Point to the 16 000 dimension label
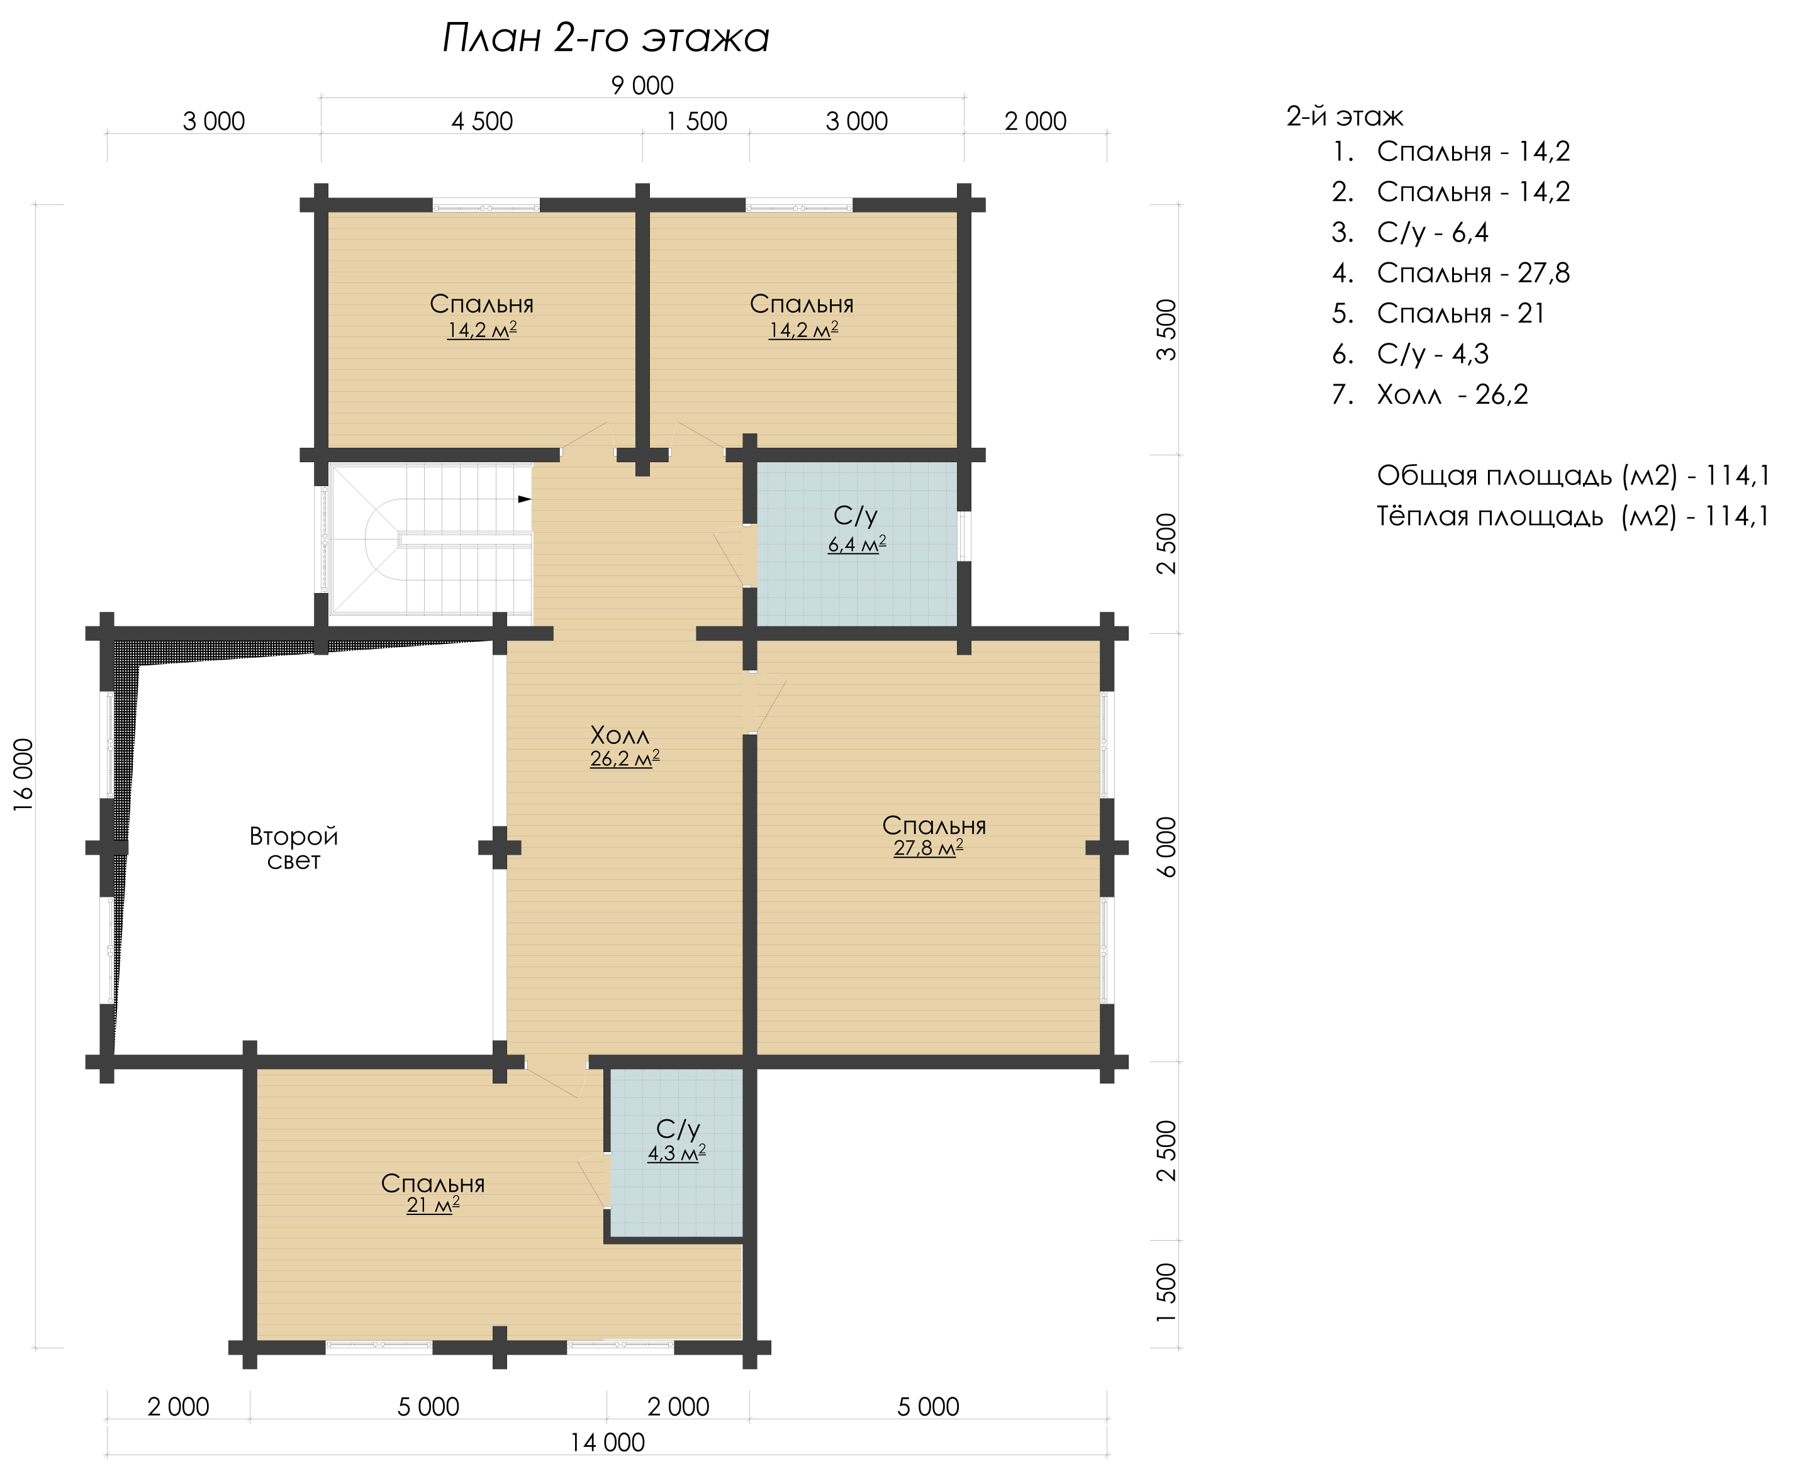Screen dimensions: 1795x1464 24,774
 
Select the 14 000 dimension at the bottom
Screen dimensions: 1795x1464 607,1442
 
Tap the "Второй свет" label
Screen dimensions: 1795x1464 294,848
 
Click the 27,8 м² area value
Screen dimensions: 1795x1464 928,848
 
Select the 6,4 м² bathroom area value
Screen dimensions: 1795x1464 857,544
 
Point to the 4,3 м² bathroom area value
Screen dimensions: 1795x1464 676,1153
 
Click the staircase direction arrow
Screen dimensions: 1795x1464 525,499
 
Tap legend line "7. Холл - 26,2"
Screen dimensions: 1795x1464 1429,395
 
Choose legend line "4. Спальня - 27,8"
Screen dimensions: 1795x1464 1451,273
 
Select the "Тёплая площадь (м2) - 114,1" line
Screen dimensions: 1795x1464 1573,516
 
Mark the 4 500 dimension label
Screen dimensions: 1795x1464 482,121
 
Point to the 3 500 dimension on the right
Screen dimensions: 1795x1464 1166,330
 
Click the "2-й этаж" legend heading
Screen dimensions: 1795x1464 1345,116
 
